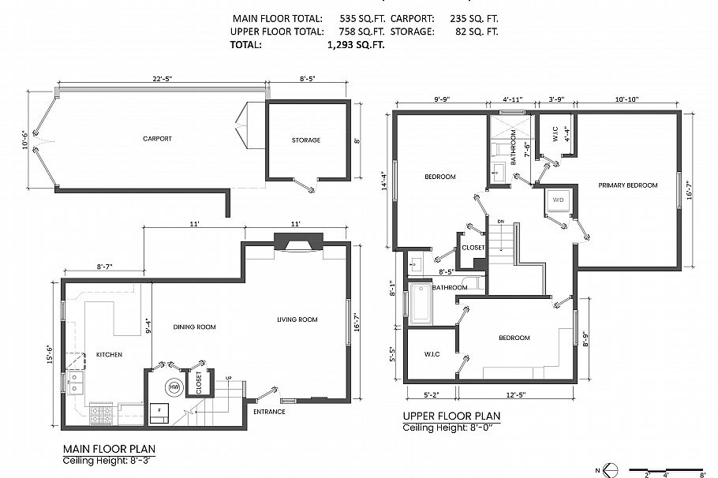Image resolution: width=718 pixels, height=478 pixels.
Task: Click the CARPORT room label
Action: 157,139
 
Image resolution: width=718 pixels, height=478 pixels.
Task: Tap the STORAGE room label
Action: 306,140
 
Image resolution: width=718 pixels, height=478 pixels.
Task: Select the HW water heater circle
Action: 172,387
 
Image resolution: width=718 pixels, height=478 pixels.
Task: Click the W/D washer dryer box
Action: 557,200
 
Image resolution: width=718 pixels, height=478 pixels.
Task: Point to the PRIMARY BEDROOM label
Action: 627,185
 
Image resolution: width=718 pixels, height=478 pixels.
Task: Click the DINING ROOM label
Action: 194,327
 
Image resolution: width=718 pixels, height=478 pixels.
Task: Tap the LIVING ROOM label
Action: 297,319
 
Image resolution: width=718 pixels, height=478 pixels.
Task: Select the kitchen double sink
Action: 76,383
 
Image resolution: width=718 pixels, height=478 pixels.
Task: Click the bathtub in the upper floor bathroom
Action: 420,304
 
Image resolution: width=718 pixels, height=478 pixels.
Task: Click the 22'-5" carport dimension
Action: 163,78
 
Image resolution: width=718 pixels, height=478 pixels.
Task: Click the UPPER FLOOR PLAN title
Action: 451,416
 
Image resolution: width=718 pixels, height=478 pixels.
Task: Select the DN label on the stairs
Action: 500,222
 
